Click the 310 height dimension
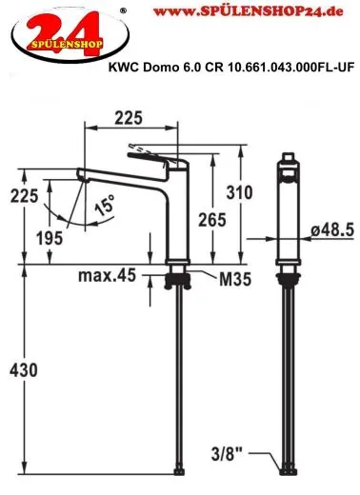point(239,192)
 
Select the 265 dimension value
point(212,220)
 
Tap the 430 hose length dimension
point(23,370)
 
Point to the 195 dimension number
point(50,238)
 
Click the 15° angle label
point(105,206)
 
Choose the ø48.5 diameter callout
point(332,229)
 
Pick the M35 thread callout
point(235,279)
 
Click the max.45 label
point(107,275)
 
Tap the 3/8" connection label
point(227,454)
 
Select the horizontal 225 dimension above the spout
point(129,118)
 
